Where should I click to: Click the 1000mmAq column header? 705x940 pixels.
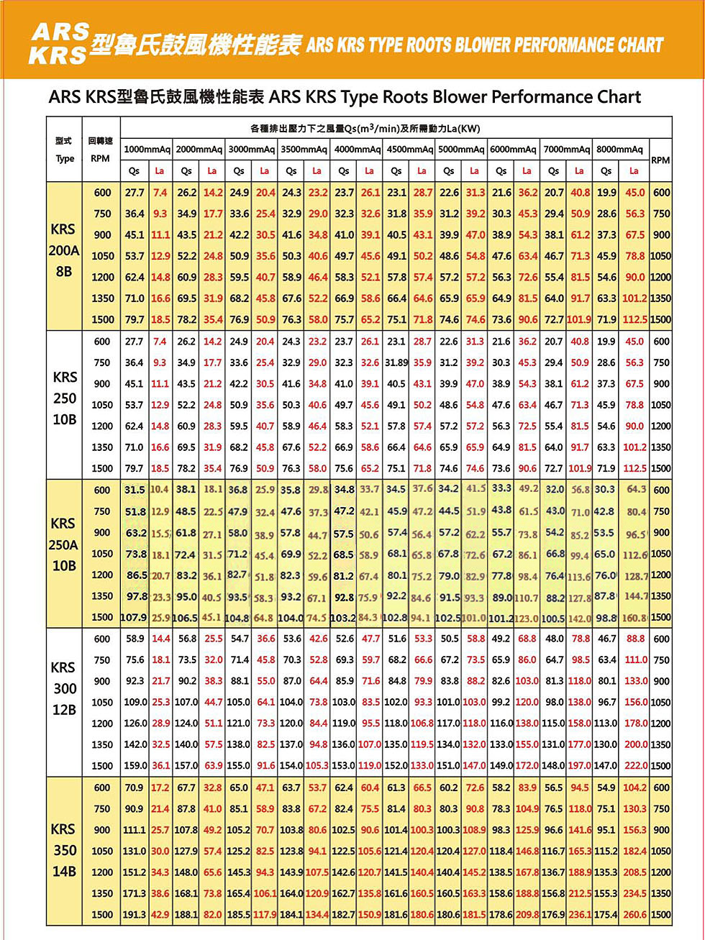tap(147, 150)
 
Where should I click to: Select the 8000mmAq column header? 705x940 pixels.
tap(619, 150)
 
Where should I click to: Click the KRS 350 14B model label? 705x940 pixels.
tap(64, 850)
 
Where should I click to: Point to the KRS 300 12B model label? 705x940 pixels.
tap(64, 688)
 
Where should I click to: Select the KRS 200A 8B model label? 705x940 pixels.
tap(64, 250)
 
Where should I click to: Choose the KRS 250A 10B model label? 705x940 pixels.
tap(63, 544)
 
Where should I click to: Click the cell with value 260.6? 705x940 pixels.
tap(634, 915)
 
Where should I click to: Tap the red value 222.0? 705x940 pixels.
tap(635, 766)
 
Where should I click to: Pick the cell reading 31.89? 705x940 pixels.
tap(396, 362)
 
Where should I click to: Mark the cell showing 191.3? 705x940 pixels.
tap(135, 915)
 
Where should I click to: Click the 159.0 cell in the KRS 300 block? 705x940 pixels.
tap(135, 766)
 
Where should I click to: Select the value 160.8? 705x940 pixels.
tap(634, 617)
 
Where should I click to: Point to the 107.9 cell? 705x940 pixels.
tap(134, 617)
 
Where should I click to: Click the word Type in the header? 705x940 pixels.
tap(65, 158)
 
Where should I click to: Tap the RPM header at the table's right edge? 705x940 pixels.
tap(660, 160)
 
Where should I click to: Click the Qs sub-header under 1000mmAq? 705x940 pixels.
tap(135, 171)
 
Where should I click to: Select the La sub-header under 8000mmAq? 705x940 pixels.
tap(634, 171)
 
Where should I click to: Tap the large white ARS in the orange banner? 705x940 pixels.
tap(60, 32)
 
